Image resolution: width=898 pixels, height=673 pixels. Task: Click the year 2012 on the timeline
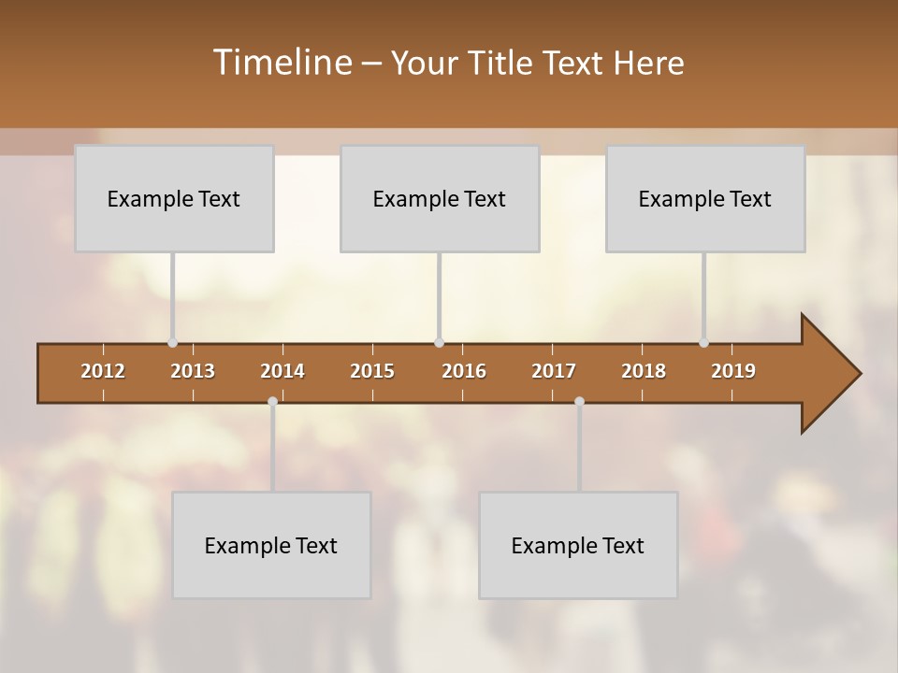103,371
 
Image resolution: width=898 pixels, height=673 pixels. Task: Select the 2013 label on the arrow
193,371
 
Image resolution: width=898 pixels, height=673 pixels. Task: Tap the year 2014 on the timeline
282,371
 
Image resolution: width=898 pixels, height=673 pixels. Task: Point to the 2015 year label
372,371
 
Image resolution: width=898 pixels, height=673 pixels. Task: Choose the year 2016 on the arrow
464,371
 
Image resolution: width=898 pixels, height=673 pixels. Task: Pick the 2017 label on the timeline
554,371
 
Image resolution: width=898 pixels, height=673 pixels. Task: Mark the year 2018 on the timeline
644,371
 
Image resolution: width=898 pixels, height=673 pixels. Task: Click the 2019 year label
733,371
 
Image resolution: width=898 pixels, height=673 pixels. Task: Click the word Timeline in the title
282,62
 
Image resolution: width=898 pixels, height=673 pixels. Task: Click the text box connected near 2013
174,198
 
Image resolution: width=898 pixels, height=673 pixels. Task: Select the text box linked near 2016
440,198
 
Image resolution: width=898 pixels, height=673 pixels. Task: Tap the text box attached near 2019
705,198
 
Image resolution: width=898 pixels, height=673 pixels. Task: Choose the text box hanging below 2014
271,545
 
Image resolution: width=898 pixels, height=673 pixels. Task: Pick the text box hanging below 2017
578,545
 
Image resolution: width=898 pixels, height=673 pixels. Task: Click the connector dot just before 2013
172,343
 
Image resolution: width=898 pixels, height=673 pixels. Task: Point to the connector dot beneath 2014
272,401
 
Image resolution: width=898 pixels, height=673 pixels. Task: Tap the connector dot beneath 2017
579,401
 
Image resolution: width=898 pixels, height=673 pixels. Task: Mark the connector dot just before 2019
703,343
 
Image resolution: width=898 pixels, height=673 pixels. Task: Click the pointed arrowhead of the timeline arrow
837,374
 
